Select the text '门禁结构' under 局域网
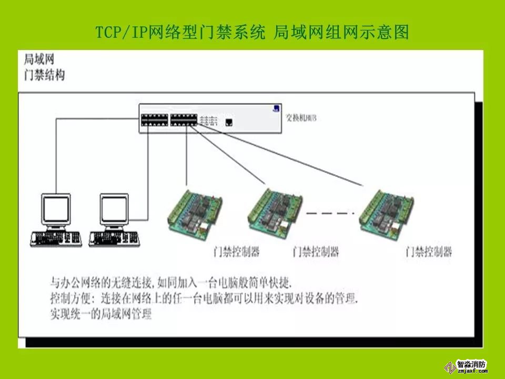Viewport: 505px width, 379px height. click(x=45, y=75)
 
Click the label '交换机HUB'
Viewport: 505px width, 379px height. click(x=300, y=117)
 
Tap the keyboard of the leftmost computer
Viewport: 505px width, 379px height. click(x=56, y=238)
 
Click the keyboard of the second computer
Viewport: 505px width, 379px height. click(x=114, y=238)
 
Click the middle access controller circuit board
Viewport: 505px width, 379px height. click(x=275, y=210)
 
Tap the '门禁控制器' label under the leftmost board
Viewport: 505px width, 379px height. click(x=237, y=251)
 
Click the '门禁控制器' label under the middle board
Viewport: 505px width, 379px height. click(x=316, y=251)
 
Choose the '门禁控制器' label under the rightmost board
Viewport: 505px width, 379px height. click(x=429, y=251)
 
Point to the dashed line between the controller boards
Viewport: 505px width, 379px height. click(x=327, y=213)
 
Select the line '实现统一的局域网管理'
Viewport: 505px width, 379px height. click(x=101, y=315)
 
